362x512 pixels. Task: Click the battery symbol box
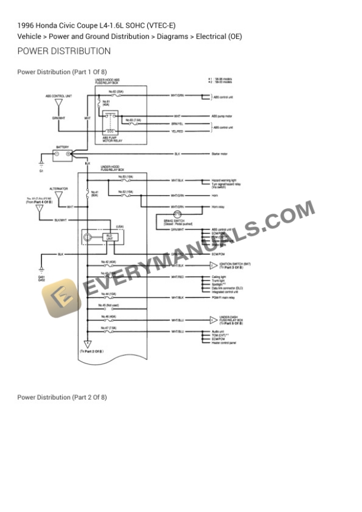[x=62, y=155]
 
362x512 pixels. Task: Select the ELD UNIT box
[x=110, y=237]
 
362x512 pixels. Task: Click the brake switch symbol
[x=176, y=215]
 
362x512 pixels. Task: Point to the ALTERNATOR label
[x=59, y=189]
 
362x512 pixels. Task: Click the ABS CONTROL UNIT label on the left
[x=59, y=95]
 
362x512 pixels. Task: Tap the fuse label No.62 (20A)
[x=117, y=92]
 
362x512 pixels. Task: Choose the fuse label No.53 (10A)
[x=125, y=176]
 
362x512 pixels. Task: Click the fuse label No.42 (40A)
[x=108, y=261]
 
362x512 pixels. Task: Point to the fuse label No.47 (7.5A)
[x=108, y=327]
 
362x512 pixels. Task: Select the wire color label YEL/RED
[x=177, y=131]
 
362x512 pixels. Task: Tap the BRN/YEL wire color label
[x=177, y=124]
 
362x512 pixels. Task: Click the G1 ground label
[x=41, y=171]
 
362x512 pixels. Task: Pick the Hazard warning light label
[x=224, y=179]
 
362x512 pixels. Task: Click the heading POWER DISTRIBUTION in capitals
[x=64, y=51]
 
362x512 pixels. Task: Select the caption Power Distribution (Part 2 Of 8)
[x=62, y=397]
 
